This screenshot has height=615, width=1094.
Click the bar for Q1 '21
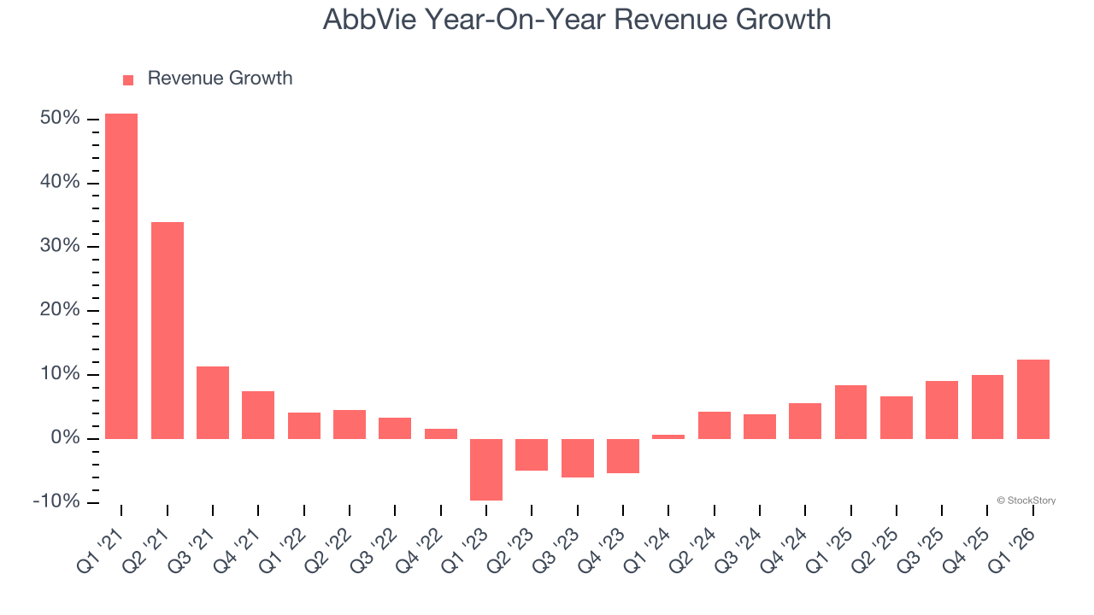[121, 276]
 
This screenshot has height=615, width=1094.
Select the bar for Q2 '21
[168, 330]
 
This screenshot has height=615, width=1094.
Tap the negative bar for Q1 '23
[486, 469]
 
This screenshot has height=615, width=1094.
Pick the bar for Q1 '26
[1033, 399]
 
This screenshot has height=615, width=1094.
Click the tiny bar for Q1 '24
[668, 436]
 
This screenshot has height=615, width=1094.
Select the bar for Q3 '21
[213, 402]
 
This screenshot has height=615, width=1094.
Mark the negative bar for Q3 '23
[578, 458]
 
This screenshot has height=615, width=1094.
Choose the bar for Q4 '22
[441, 433]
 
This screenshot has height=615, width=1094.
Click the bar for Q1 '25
[850, 412]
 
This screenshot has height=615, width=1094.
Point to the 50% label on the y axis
[60, 119]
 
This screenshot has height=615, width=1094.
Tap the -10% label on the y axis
[56, 501]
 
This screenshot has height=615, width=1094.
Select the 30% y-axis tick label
[60, 246]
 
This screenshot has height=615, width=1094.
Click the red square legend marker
[128, 79]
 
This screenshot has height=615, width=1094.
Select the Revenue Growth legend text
[220, 79]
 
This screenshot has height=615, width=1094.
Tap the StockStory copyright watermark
[1026, 501]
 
